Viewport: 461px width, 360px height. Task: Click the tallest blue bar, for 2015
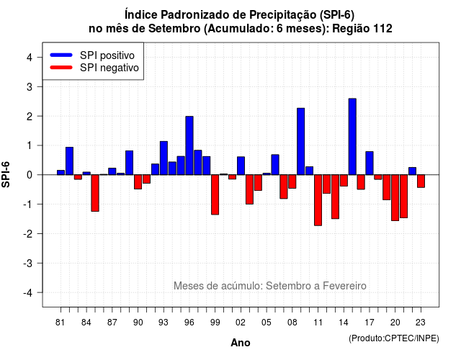[x=352, y=137]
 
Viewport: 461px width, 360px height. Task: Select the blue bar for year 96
[x=189, y=145]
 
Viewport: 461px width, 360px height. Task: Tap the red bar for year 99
[x=215, y=194]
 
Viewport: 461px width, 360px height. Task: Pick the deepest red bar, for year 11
[x=318, y=200]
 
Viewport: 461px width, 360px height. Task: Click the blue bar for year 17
[x=370, y=163]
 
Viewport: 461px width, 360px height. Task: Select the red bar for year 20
[x=395, y=198]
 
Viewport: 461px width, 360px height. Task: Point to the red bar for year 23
[x=421, y=181]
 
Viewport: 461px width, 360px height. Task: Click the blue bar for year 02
[x=241, y=166]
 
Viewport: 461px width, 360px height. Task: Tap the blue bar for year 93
[x=164, y=158]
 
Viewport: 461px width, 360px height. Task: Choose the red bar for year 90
[x=138, y=182]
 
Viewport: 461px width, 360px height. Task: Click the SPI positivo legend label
[x=107, y=55]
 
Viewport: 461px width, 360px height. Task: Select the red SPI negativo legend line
[x=61, y=68]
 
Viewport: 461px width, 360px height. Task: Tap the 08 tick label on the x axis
[x=292, y=323]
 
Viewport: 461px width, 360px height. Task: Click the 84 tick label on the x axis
[x=86, y=323]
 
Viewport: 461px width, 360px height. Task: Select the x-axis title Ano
[x=241, y=343]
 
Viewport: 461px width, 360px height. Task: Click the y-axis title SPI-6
[x=6, y=174]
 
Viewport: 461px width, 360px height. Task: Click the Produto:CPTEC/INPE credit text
[x=394, y=338]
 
